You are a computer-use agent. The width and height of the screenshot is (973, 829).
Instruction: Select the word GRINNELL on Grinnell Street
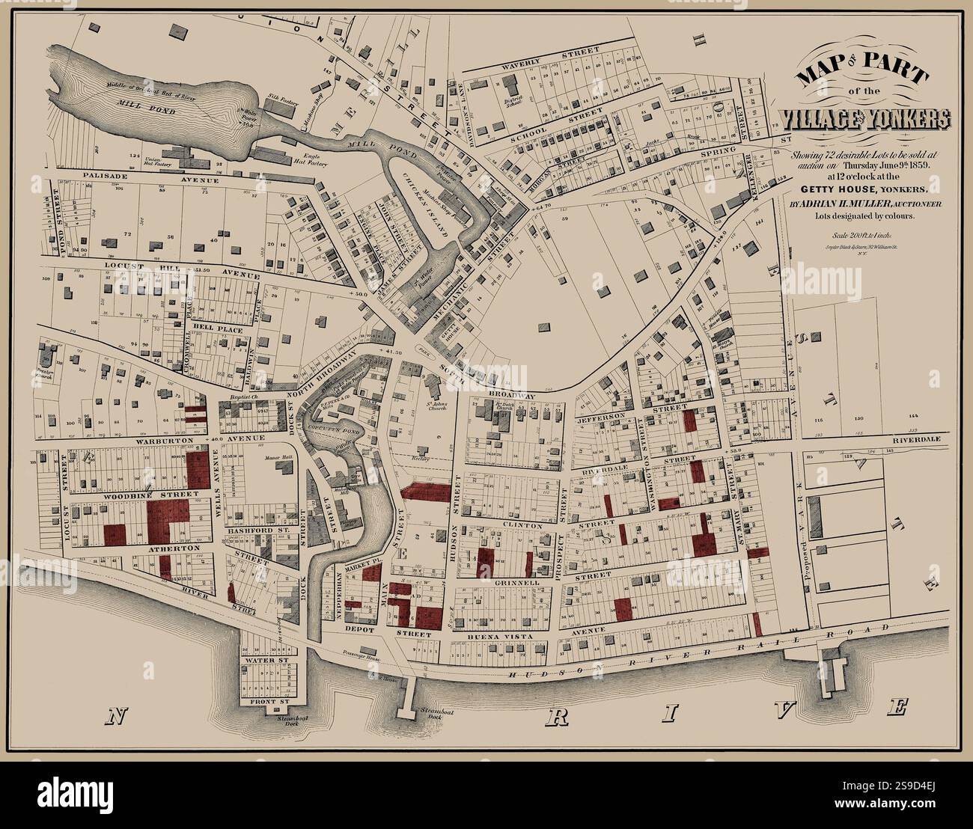pyautogui.click(x=516, y=581)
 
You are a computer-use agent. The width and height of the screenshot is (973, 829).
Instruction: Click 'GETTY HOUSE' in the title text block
pyautogui.click(x=831, y=189)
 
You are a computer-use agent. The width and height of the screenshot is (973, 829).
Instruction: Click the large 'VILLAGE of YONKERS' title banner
pyautogui.click(x=864, y=118)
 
